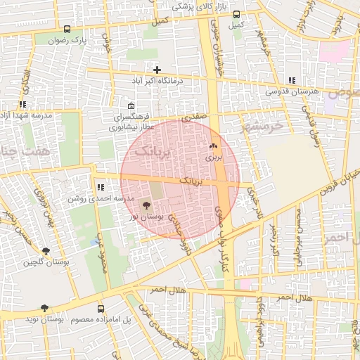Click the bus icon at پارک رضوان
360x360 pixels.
pyautogui.click(x=67, y=30)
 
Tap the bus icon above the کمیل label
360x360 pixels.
pyautogui.click(x=236, y=13)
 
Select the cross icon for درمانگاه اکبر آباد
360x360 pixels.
pyautogui.click(x=157, y=70)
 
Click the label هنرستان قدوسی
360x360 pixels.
pyautogui.click(x=292, y=91)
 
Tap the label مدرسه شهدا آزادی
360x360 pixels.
pyautogui.click(x=23, y=115)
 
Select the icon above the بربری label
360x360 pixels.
pyautogui.click(x=213, y=146)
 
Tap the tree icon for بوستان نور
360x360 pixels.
pyautogui.click(x=146, y=205)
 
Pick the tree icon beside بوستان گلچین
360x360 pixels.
pyautogui.click(x=46, y=250)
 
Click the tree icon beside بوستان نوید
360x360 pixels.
pyautogui.click(x=45, y=308)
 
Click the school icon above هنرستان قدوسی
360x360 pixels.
pyautogui.click(x=292, y=80)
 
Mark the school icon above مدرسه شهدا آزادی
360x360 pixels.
pyautogui.click(x=23, y=104)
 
